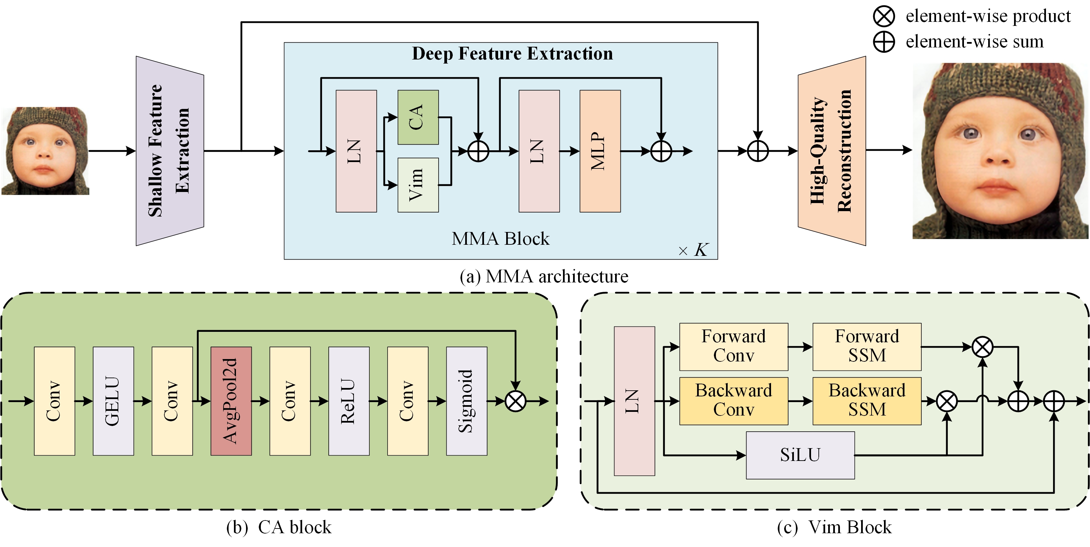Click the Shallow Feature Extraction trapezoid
[x=170, y=151]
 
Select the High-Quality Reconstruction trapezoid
[x=832, y=151]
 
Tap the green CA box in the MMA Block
[x=418, y=117]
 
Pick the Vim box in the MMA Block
[x=418, y=185]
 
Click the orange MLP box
[x=600, y=151]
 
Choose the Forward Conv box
[x=733, y=346]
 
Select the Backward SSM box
[x=866, y=400]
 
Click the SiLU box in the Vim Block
[x=800, y=455]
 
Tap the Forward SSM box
[x=866, y=346]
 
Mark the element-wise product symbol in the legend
[x=884, y=16]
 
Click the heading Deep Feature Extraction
[x=512, y=54]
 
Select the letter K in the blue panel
[x=701, y=250]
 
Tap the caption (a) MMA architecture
[x=544, y=276]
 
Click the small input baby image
[x=45, y=151]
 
